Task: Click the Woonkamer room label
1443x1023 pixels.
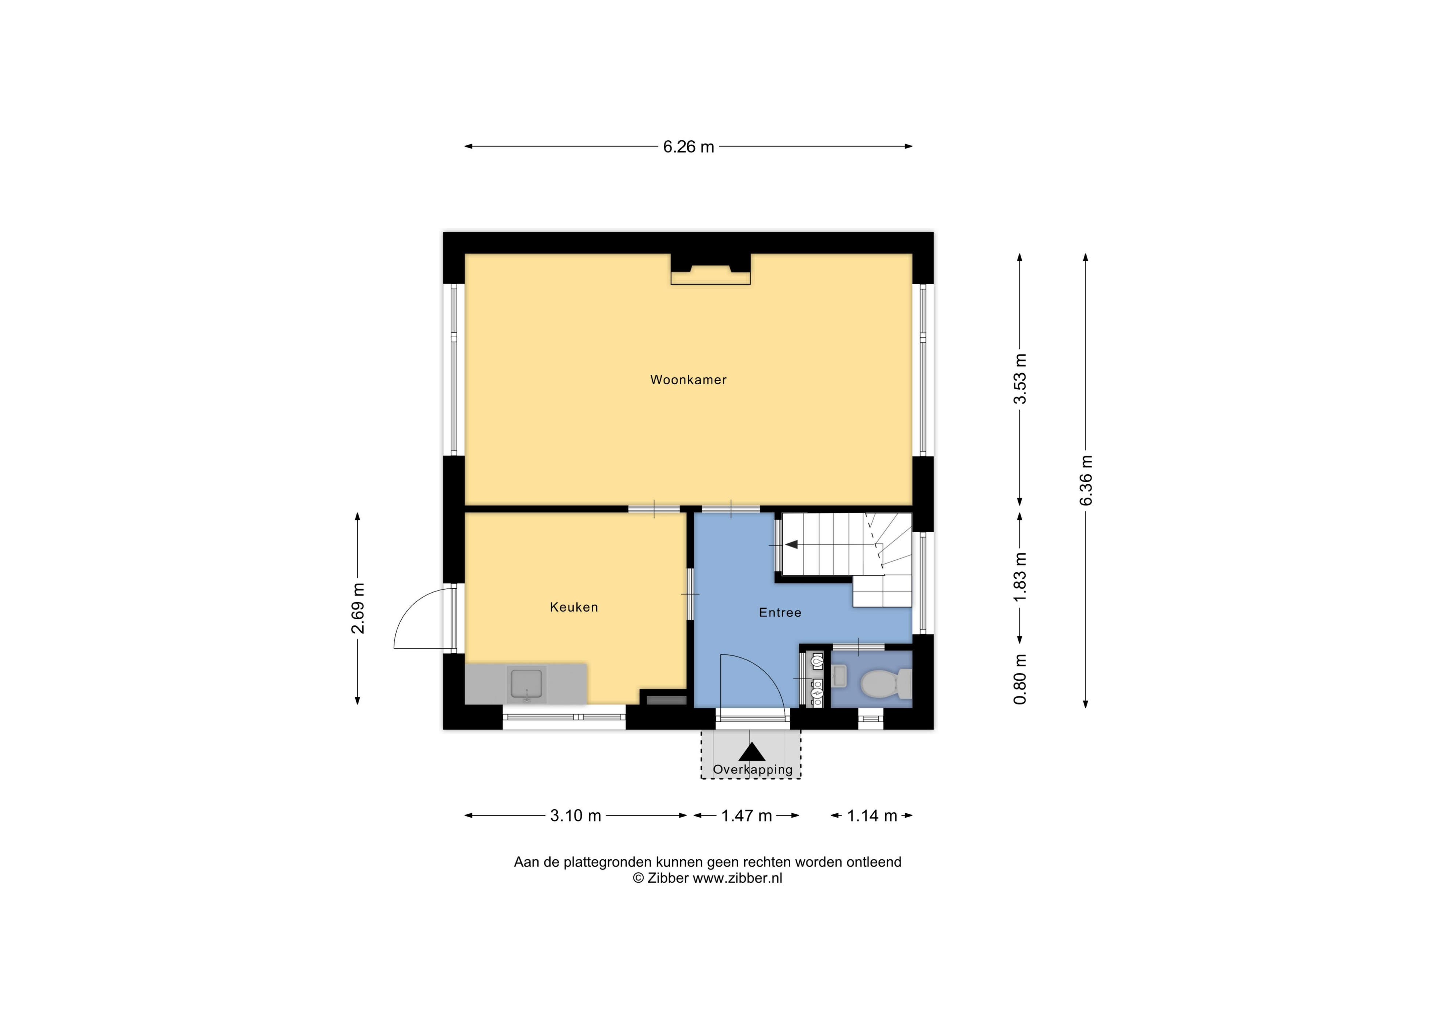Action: click(x=688, y=380)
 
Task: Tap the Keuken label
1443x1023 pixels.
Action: click(x=573, y=607)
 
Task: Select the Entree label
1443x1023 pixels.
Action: click(x=780, y=612)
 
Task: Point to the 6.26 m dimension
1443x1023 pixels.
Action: click(x=688, y=147)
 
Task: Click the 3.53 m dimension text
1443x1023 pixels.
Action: click(x=1019, y=379)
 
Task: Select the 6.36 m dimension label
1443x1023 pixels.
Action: click(x=1086, y=481)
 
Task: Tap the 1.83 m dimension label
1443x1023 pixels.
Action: click(x=1019, y=577)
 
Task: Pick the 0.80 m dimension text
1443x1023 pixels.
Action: click(x=1019, y=679)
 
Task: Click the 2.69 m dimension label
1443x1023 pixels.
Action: click(x=357, y=609)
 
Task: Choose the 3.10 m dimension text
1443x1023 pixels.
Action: click(x=575, y=816)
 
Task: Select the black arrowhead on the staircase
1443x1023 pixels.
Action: click(x=791, y=544)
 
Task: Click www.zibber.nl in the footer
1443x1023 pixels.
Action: click(x=737, y=878)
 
